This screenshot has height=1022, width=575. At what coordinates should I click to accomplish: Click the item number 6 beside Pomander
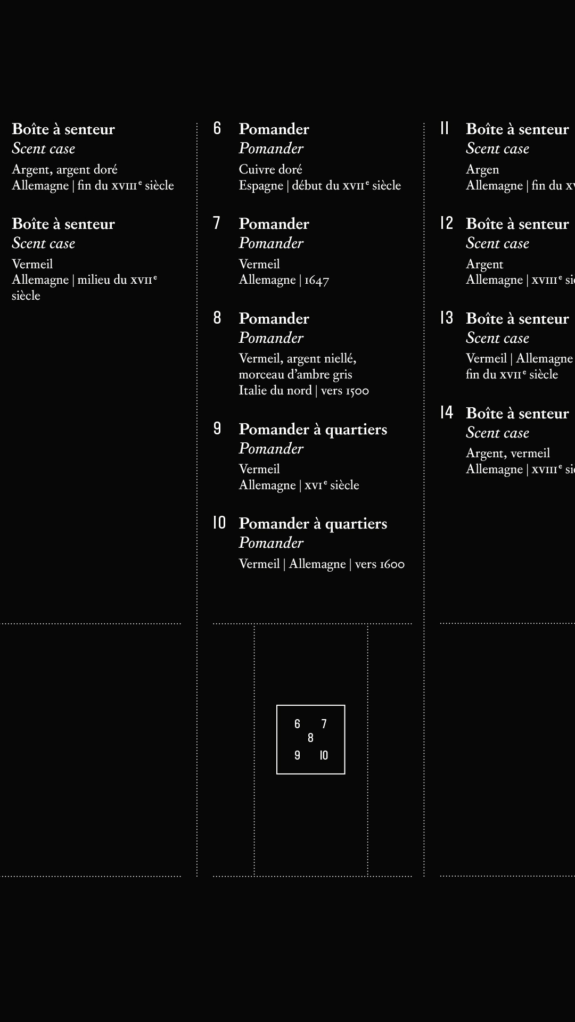click(217, 128)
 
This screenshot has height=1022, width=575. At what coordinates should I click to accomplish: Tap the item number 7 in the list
click(217, 223)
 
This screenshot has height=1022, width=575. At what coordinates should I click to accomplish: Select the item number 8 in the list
click(217, 318)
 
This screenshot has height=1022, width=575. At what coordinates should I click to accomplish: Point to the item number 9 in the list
click(217, 428)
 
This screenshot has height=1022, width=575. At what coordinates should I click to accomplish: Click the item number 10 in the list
click(219, 523)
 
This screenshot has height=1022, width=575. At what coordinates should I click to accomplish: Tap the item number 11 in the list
click(445, 128)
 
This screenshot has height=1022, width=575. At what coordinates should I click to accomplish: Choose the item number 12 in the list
click(446, 223)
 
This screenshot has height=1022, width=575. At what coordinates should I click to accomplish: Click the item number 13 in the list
click(446, 318)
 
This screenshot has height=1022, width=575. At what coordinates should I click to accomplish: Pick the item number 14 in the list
click(446, 413)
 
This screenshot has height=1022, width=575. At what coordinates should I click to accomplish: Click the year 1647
click(317, 280)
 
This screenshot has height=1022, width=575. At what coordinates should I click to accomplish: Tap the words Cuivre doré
click(270, 169)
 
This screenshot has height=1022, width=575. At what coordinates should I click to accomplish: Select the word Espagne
click(261, 185)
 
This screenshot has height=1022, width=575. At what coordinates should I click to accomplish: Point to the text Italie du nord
click(275, 390)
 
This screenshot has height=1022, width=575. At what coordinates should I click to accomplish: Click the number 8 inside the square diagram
click(311, 738)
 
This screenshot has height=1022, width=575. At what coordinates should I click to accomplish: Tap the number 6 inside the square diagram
click(297, 724)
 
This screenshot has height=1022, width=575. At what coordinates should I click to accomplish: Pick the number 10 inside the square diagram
click(324, 755)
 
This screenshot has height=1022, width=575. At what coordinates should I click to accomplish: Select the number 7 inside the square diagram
click(324, 724)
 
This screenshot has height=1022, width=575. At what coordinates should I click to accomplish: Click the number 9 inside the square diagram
click(297, 755)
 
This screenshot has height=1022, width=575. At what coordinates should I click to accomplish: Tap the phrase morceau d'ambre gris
click(295, 374)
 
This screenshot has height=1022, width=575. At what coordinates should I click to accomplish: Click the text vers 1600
click(380, 564)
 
